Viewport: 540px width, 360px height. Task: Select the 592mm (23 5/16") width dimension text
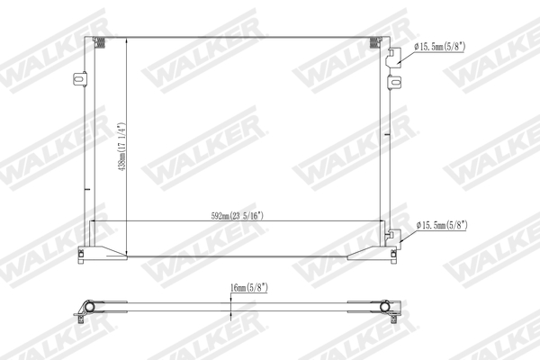pyautogui.click(x=237, y=216)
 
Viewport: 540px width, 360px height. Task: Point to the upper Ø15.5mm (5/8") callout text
pyautogui.click(x=442, y=46)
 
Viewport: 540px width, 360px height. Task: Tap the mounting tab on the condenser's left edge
pyautogui.click(x=78, y=81)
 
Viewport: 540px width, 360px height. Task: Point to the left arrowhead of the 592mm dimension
pyautogui.click(x=94, y=221)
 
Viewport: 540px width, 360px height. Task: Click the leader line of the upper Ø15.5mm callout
pyautogui.click(x=407, y=51)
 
